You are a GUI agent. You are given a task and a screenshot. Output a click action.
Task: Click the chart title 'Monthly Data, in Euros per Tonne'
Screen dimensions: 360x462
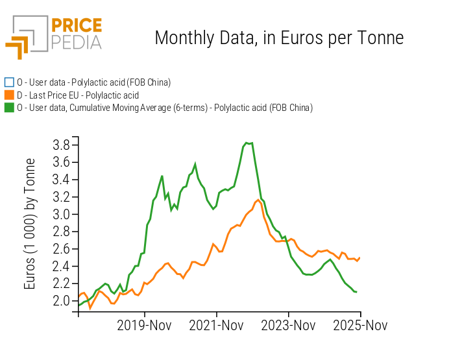(279, 38)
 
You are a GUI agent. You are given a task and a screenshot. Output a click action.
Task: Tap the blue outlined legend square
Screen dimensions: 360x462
(9, 82)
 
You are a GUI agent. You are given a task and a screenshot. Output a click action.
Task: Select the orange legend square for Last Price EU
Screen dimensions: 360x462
(9, 95)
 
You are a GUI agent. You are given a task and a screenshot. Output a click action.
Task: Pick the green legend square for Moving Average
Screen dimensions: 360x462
(9, 108)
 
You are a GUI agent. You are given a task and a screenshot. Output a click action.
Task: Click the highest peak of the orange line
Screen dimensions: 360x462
(258, 200)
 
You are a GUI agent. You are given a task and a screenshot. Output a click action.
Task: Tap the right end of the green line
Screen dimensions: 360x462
(357, 292)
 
